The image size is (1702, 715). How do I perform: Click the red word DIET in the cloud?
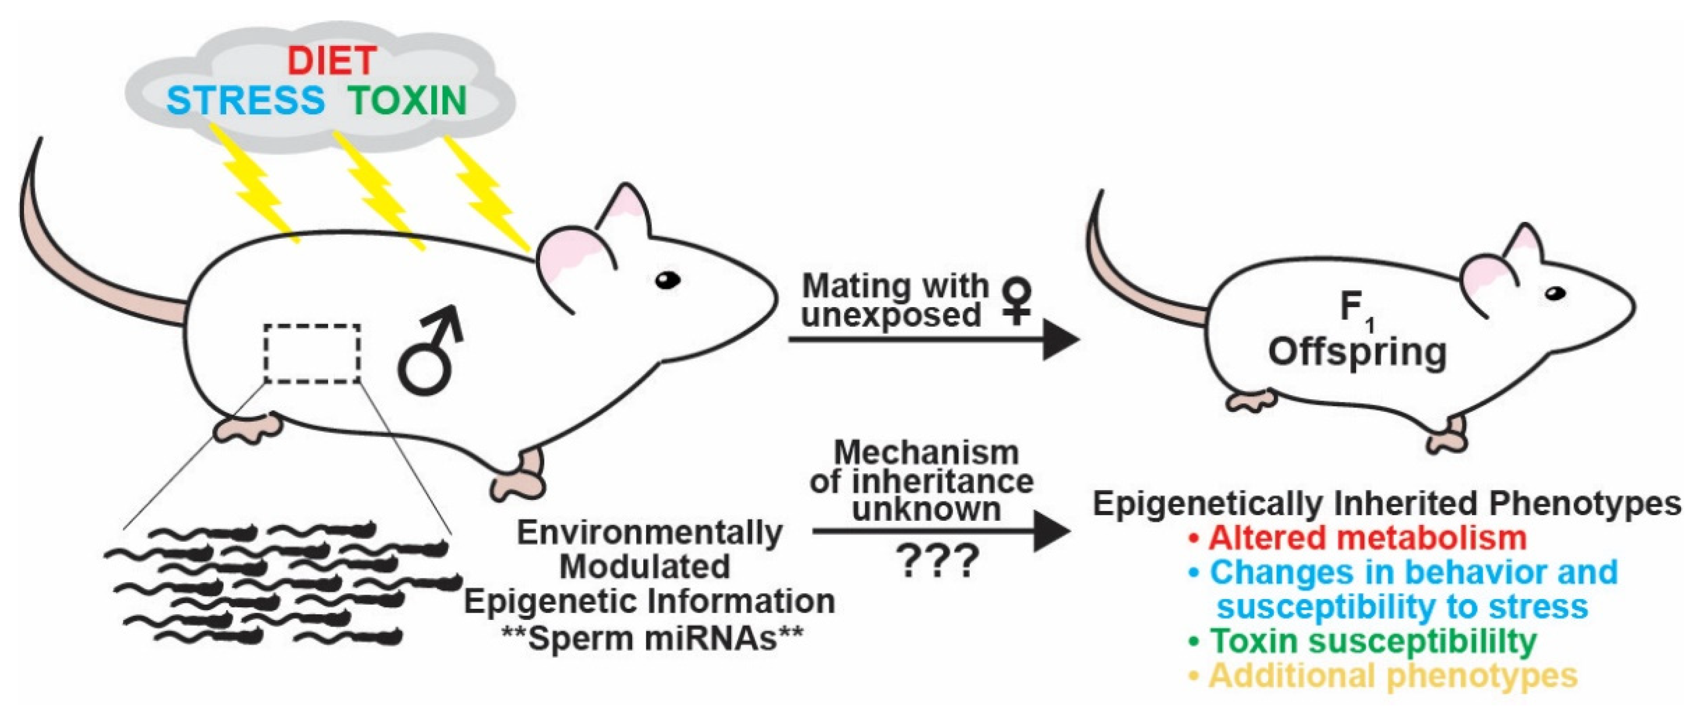(332, 61)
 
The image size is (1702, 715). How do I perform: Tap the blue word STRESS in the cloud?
(246, 101)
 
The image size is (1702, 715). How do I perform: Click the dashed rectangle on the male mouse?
(313, 354)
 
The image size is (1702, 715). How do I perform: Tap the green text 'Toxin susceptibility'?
(1373, 640)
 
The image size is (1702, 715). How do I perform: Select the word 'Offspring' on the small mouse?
(1357, 352)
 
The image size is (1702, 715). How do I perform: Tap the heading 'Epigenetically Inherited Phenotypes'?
(1386, 504)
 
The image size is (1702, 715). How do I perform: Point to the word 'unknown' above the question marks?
(926, 510)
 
